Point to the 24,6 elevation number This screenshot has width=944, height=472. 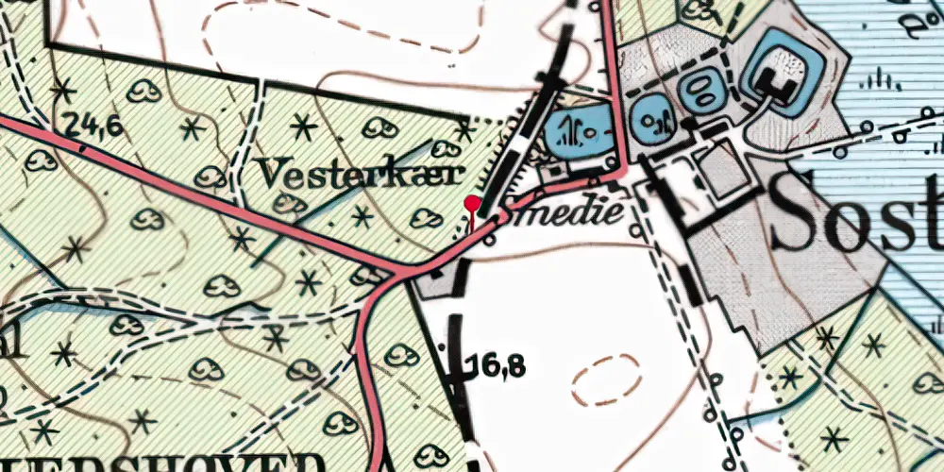(93, 123)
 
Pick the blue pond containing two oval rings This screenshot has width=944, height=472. (700, 92)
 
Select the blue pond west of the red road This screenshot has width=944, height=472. (576, 131)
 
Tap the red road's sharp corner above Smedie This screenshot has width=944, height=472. (623, 171)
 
